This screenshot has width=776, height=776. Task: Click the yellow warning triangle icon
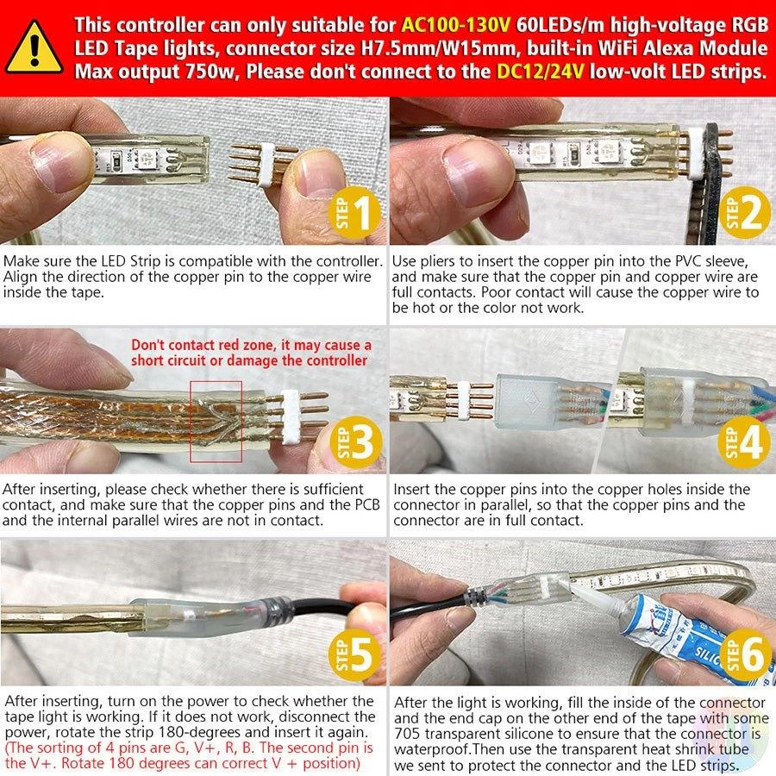[34, 48]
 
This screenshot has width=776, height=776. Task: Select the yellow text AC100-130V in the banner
[455, 25]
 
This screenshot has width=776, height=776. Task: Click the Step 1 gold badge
[355, 214]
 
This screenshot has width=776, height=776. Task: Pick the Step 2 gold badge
[744, 212]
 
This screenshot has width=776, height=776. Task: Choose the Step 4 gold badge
[744, 442]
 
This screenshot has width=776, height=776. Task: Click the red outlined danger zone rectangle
[191, 421]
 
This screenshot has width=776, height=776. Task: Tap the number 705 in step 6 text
[407, 734]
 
